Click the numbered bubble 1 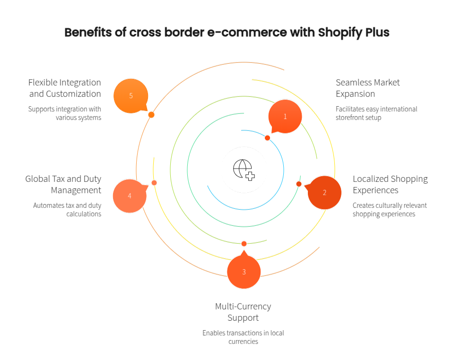point(285,116)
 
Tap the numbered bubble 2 point(324,192)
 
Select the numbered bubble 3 point(244,272)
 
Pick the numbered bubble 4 point(130,196)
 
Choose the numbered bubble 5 point(131,96)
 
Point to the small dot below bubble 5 point(151,115)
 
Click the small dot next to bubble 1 point(267,138)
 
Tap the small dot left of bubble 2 point(299,184)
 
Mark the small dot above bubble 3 point(244,243)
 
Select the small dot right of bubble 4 point(154,182)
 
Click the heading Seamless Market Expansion point(367,88)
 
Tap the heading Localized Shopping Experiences point(390,184)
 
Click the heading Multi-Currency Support point(243,312)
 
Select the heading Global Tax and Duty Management point(63,184)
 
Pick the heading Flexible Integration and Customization point(65,88)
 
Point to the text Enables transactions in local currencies point(243,337)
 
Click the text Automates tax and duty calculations point(67,209)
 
